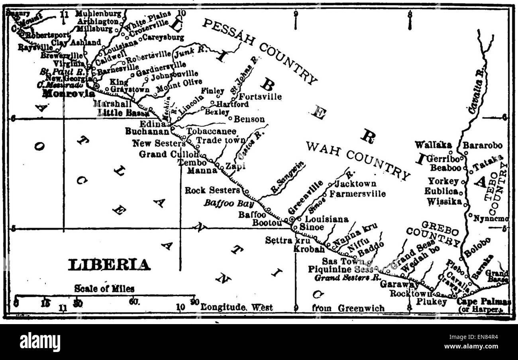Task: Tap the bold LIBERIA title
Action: (110, 265)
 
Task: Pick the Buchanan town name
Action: (147, 130)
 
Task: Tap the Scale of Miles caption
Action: (104, 288)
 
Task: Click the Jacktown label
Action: (355, 184)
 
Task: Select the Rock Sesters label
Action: (212, 191)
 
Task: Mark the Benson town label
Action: (249, 119)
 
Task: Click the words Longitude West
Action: (237, 307)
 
